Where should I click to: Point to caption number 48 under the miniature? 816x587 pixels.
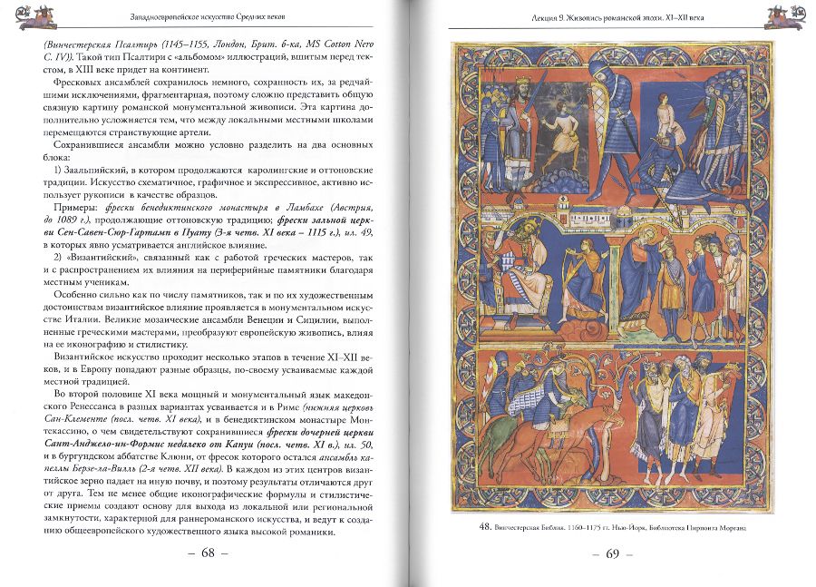click(x=488, y=526)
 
